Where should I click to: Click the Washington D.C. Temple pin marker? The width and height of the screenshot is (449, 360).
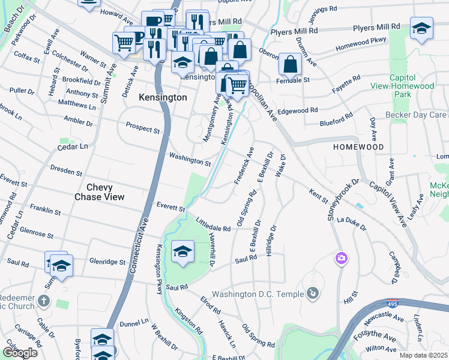[x=312, y=293]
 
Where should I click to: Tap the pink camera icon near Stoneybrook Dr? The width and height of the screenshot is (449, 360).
[x=341, y=258]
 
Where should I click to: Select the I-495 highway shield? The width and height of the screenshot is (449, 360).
[x=393, y=303]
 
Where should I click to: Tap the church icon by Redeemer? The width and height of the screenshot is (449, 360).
[x=44, y=300]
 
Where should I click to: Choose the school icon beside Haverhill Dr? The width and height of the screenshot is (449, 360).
[x=182, y=251]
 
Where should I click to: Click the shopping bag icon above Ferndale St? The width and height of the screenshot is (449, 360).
[x=290, y=63]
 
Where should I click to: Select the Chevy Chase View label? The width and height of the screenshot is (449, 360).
[x=100, y=192]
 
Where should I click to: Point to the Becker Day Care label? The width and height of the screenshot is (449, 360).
[x=421, y=115]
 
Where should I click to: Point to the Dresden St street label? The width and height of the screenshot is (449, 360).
[x=67, y=170]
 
